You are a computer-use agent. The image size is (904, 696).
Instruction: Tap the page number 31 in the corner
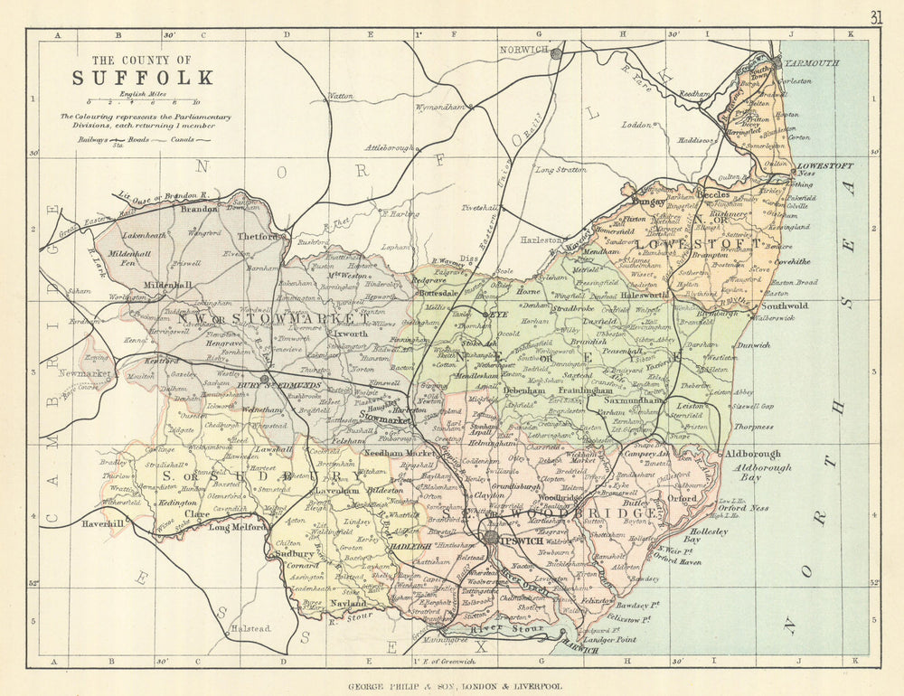876,16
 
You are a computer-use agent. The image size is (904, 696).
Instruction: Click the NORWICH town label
525,50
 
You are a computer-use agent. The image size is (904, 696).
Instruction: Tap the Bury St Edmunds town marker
263,378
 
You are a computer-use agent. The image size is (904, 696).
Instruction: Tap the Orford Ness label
744,508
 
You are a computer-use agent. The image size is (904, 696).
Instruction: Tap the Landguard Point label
607,639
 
